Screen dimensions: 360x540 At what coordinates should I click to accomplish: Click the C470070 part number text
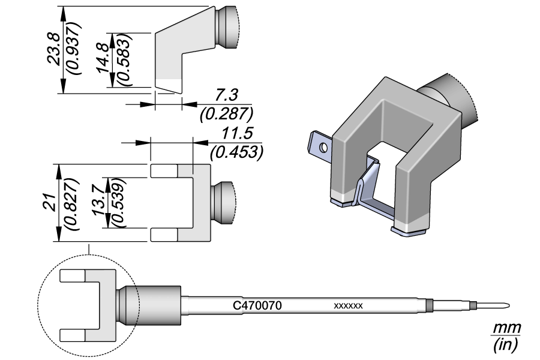click(x=257, y=305)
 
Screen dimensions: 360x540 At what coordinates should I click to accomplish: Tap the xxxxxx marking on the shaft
click(x=348, y=306)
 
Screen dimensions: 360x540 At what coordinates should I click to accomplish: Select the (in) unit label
click(x=506, y=345)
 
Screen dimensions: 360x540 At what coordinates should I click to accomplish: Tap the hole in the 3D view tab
click(x=323, y=146)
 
